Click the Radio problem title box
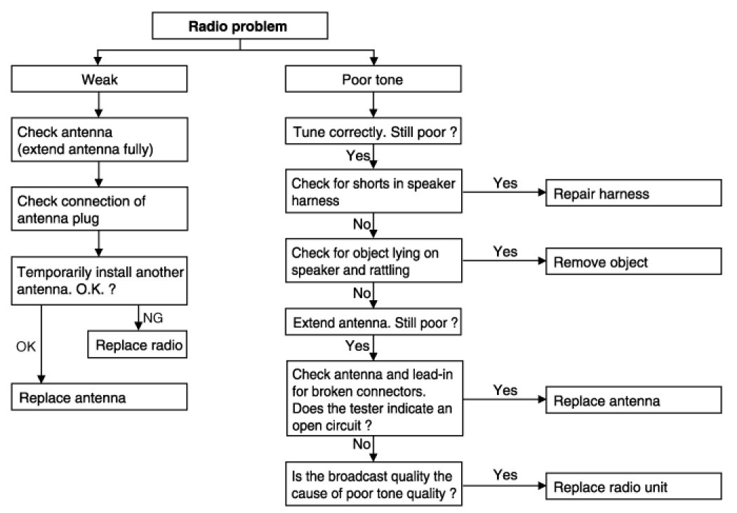(x=240, y=26)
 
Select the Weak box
(x=99, y=79)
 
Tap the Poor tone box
(x=373, y=79)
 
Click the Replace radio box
(x=138, y=345)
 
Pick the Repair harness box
(x=634, y=193)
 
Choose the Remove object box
(x=634, y=261)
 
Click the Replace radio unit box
(x=634, y=486)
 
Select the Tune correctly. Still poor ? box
(x=373, y=131)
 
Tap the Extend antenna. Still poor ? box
(x=373, y=322)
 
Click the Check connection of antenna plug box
(x=99, y=209)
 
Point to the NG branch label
(x=153, y=318)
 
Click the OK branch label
(x=26, y=347)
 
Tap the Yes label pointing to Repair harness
(x=505, y=183)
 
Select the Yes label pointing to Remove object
(x=505, y=252)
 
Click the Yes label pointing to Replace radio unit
(x=505, y=474)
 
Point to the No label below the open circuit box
(x=362, y=444)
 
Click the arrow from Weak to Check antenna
(x=98, y=105)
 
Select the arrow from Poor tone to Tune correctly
(x=373, y=105)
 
